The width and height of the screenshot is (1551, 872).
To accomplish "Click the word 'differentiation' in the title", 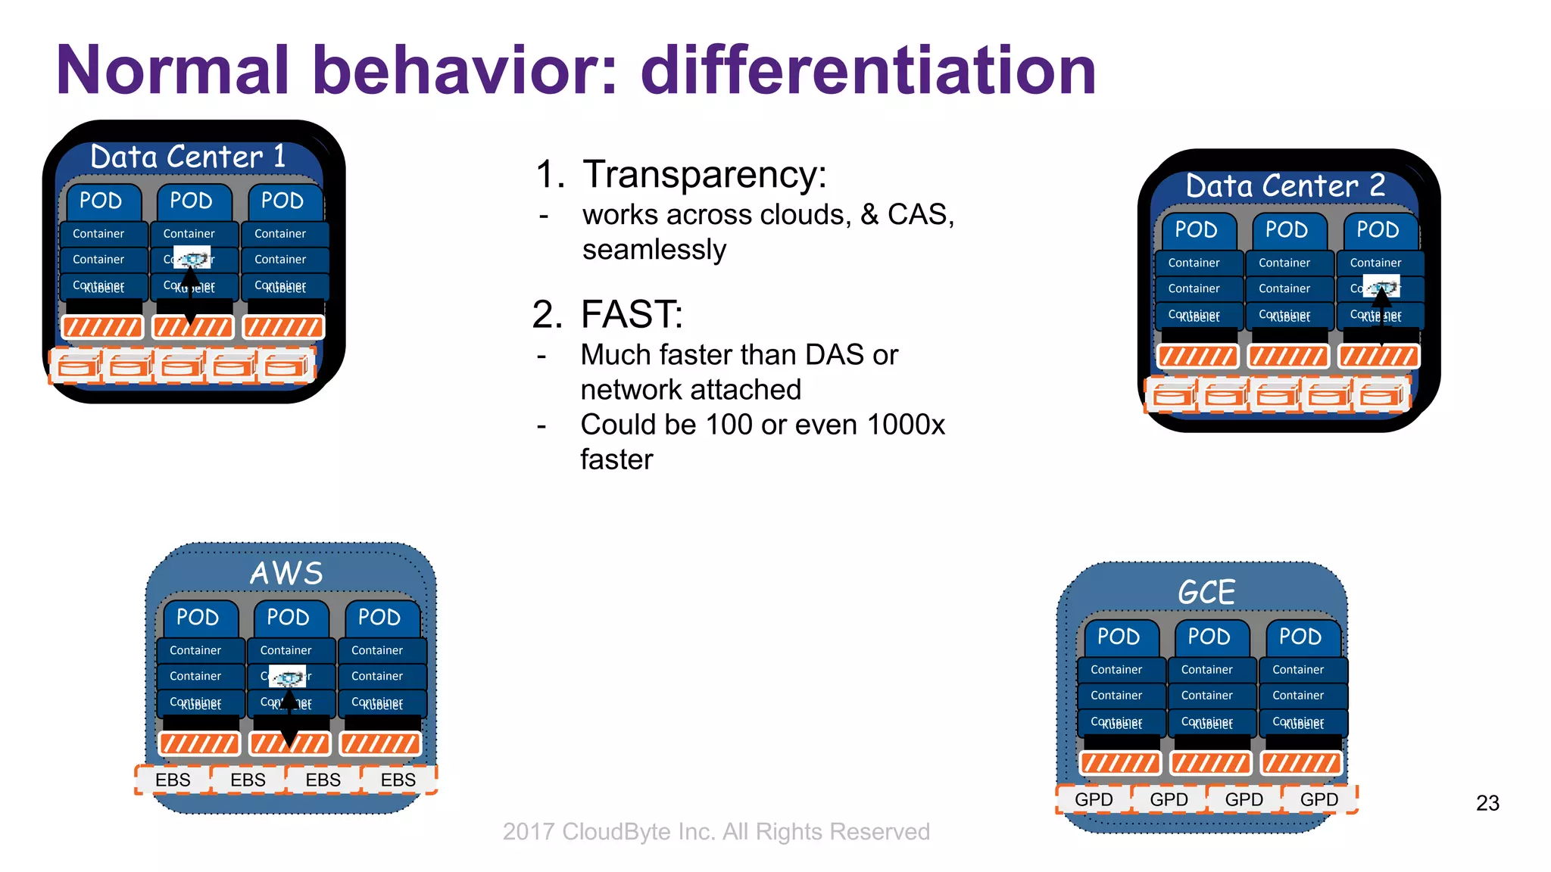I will tap(869, 70).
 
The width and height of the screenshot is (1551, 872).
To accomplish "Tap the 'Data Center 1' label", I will tap(188, 157).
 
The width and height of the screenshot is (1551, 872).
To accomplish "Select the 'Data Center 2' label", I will tap(1285, 185).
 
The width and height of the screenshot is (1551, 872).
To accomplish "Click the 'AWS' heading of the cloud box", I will tap(287, 573).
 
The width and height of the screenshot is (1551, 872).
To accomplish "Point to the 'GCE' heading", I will tap(1206, 592).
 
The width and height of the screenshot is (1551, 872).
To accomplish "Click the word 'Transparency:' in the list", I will tap(704, 174).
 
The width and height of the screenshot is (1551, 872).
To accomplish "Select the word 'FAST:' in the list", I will tap(632, 314).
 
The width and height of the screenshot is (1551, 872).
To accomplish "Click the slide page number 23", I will tap(1487, 803).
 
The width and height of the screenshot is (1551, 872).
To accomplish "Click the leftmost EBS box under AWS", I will tap(173, 780).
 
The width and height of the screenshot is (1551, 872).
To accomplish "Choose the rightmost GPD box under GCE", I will tap(1319, 799).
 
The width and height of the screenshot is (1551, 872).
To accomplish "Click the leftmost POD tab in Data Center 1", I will tap(101, 201).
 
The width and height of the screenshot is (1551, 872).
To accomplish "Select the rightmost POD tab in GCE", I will tap(1300, 637).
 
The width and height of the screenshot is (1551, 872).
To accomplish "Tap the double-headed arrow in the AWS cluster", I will tap(289, 719).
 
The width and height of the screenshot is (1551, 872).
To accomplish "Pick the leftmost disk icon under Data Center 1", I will tap(78, 366).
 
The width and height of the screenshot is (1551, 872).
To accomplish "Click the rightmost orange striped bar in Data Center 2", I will tap(1378, 357).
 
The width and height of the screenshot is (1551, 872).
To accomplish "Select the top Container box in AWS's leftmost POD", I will tap(196, 650).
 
